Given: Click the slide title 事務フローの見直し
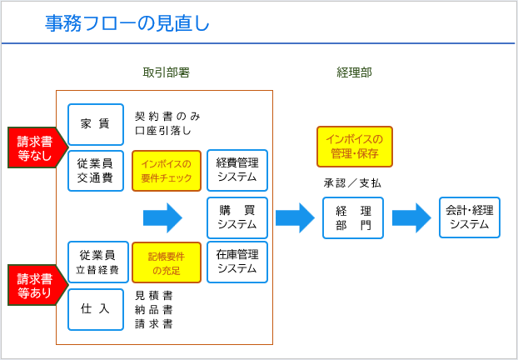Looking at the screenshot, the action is click(127, 23).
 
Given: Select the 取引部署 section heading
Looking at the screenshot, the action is click(167, 72).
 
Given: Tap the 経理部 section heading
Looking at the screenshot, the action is click(354, 72).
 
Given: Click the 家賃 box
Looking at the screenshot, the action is click(96, 124).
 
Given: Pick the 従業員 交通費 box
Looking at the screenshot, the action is click(96, 171).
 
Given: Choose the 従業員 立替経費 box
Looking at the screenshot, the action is click(98, 262).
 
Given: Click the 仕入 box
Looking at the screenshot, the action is click(96, 309).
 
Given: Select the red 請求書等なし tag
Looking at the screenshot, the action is click(37, 147).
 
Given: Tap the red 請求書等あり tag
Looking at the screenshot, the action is click(37, 285).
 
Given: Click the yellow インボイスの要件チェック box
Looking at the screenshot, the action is click(167, 171).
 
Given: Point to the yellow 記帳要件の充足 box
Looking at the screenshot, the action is click(167, 262).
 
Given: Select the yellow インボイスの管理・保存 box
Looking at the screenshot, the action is click(355, 147).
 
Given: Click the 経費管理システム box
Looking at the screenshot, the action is click(237, 170).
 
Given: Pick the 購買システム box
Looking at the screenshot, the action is click(237, 217).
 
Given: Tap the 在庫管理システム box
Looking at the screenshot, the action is click(237, 262).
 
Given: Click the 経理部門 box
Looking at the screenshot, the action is click(353, 217).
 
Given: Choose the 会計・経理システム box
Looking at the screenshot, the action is click(470, 217).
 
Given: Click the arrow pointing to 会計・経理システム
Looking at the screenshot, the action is click(411, 217).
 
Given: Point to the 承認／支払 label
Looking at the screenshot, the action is click(352, 183).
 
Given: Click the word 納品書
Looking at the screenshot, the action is click(153, 310).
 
